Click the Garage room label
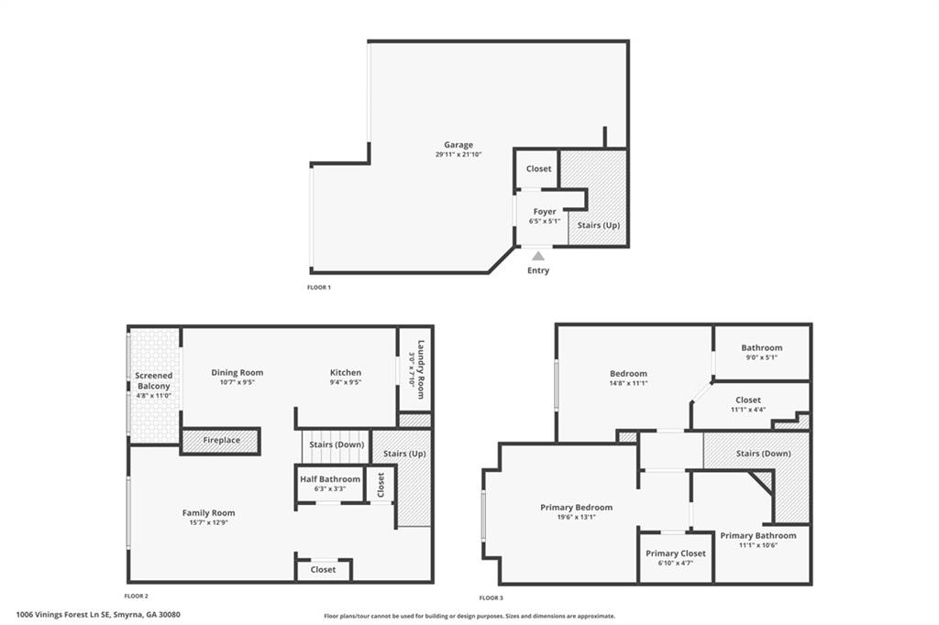(458, 145)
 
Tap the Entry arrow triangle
(538, 257)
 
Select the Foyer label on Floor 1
(545, 212)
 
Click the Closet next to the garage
(538, 169)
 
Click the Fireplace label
(222, 440)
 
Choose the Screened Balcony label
(153, 381)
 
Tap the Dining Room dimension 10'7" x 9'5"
(238, 383)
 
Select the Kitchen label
(346, 373)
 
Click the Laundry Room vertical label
(422, 370)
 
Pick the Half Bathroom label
(330, 479)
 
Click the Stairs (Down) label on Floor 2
(337, 444)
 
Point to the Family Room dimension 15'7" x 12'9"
(209, 523)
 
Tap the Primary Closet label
(676, 554)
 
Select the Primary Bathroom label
(757, 535)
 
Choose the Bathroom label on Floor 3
(762, 347)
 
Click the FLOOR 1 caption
(319, 288)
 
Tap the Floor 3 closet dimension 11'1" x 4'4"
(748, 410)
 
